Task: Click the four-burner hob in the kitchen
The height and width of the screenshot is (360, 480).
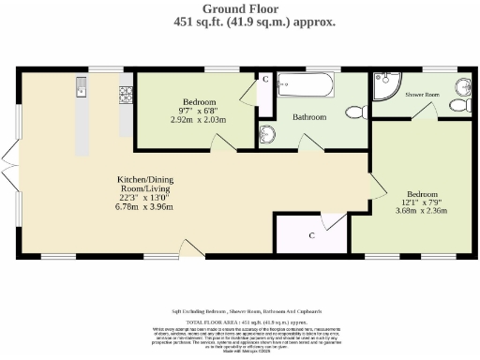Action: (x=126, y=95)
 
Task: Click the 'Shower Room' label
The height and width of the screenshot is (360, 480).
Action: (x=423, y=95)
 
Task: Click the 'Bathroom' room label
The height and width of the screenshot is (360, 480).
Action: (x=308, y=117)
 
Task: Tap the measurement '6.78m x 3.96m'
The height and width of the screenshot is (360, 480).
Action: (x=143, y=206)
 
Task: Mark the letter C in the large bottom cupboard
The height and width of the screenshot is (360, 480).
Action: (x=311, y=234)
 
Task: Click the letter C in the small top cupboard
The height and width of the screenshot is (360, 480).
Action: (x=265, y=80)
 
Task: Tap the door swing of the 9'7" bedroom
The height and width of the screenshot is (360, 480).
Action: (x=218, y=141)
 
